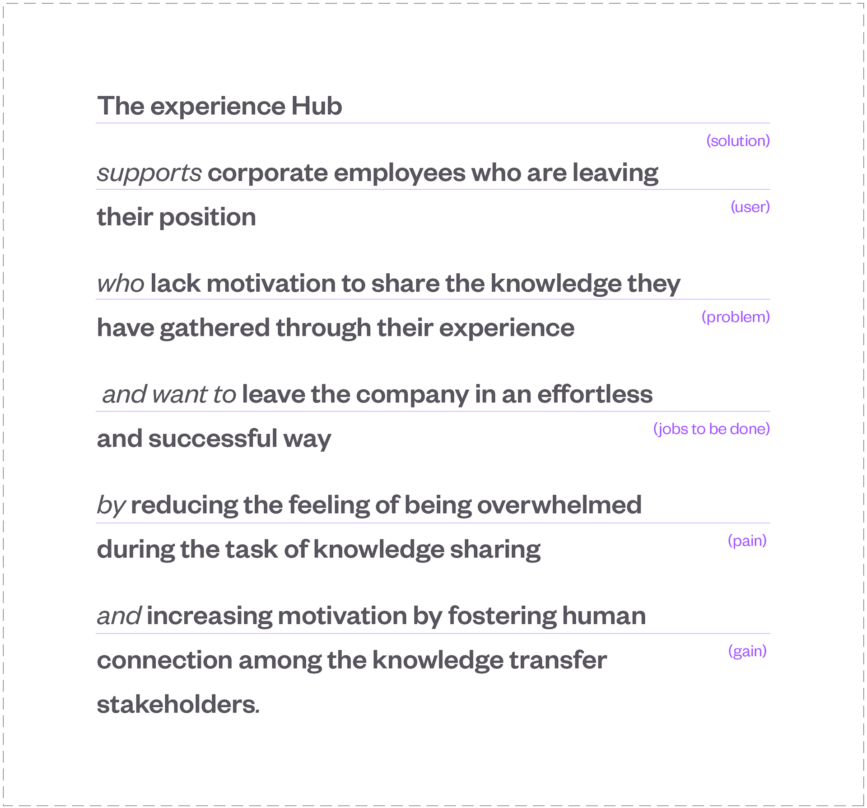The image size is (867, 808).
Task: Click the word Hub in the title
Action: point(317,106)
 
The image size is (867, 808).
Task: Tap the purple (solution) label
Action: point(738,141)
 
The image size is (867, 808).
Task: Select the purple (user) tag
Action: point(750,207)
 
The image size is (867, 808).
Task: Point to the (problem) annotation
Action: point(736,317)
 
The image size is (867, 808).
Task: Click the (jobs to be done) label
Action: point(711,429)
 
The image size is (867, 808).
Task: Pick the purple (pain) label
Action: point(747,540)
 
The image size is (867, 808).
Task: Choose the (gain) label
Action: point(747,651)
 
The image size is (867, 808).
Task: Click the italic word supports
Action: point(149,173)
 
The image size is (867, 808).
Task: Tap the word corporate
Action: point(268,173)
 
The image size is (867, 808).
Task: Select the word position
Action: point(208,217)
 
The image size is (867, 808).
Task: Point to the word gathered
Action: point(214,328)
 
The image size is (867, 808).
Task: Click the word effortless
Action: point(595,394)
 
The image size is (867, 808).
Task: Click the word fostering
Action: point(502,616)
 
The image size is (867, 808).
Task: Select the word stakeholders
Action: point(177,705)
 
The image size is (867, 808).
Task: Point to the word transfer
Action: point(558,660)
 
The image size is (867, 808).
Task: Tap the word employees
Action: point(400,173)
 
